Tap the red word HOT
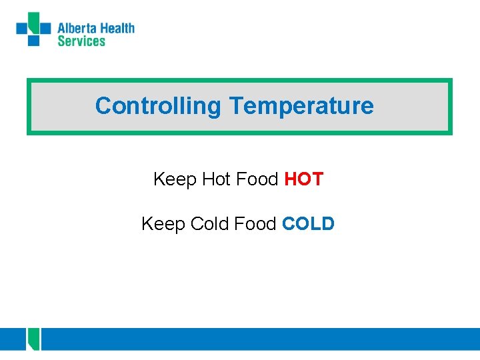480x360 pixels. [304, 179]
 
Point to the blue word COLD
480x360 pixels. [308, 224]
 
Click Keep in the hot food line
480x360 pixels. [175, 180]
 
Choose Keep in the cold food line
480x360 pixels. [163, 225]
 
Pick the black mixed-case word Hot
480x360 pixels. [215, 179]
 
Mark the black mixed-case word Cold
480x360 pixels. [209, 224]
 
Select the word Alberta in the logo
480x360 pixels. [77, 29]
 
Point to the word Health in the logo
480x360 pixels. [117, 29]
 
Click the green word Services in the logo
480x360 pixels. [81, 41]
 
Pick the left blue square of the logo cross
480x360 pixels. [22, 28]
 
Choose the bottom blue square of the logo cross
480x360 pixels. [33, 40]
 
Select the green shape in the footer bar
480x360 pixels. [34, 339]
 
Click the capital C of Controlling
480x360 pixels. [102, 106]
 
